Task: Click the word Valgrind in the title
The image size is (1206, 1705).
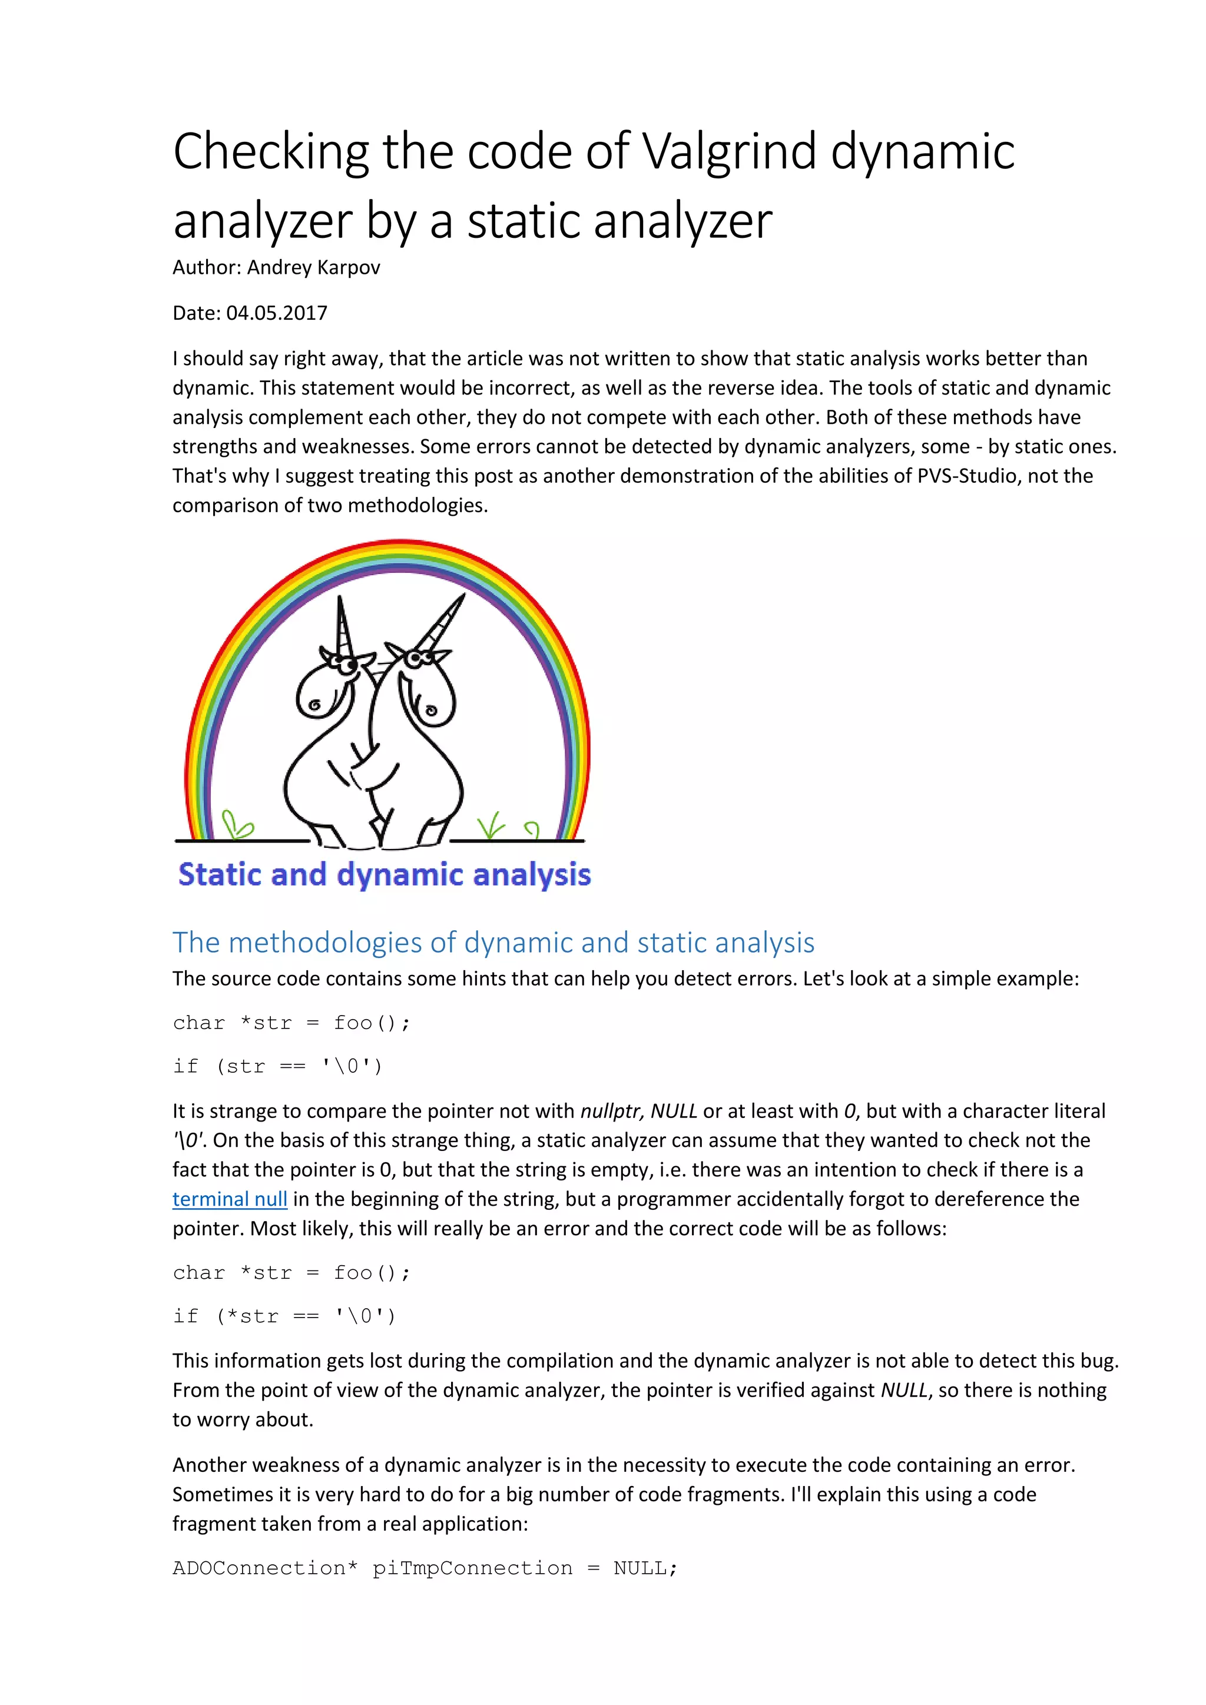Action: pos(728,151)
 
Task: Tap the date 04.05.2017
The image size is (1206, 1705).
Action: pos(276,313)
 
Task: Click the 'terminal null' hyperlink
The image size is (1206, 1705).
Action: pos(230,1199)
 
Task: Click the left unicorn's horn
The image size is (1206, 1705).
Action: pos(343,624)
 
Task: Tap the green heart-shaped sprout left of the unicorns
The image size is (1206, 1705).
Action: pos(237,824)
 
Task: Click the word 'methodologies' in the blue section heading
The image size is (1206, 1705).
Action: pos(327,943)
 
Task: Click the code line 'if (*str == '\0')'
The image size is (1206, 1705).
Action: pos(284,1316)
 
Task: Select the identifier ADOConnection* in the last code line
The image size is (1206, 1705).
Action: pos(265,1568)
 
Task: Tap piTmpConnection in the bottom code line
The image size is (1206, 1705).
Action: pos(472,1568)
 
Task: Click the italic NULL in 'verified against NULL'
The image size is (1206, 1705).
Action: pos(904,1390)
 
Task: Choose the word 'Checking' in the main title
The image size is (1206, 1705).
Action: pos(271,151)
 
